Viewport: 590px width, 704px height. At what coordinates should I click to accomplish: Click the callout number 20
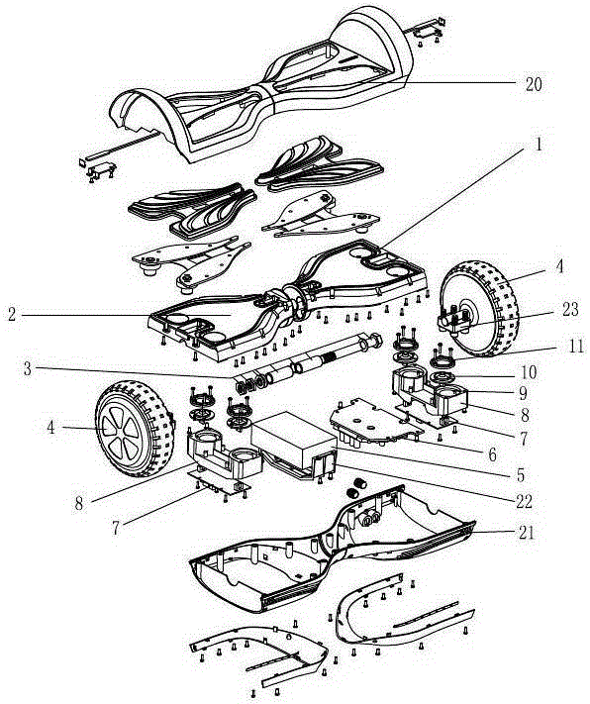[534, 84]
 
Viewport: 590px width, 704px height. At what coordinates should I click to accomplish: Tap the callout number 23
[570, 309]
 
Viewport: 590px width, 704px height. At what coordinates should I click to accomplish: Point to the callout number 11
[575, 347]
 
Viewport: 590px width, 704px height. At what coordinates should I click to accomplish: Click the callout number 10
[529, 372]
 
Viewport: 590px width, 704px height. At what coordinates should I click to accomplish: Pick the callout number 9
[523, 393]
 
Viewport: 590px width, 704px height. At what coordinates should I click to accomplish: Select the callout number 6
[493, 454]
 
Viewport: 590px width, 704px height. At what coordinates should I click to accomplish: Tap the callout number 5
[521, 475]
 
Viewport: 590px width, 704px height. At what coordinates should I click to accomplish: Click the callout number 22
[524, 501]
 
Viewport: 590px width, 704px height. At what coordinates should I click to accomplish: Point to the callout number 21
[527, 533]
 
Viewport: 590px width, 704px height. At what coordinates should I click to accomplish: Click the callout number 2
[12, 314]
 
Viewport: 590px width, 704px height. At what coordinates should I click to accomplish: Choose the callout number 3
[28, 369]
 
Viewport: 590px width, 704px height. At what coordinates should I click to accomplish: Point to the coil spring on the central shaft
[329, 359]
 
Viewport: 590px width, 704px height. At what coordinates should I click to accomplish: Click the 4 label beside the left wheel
[50, 427]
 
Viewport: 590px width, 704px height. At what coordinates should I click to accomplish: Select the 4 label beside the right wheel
[559, 266]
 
